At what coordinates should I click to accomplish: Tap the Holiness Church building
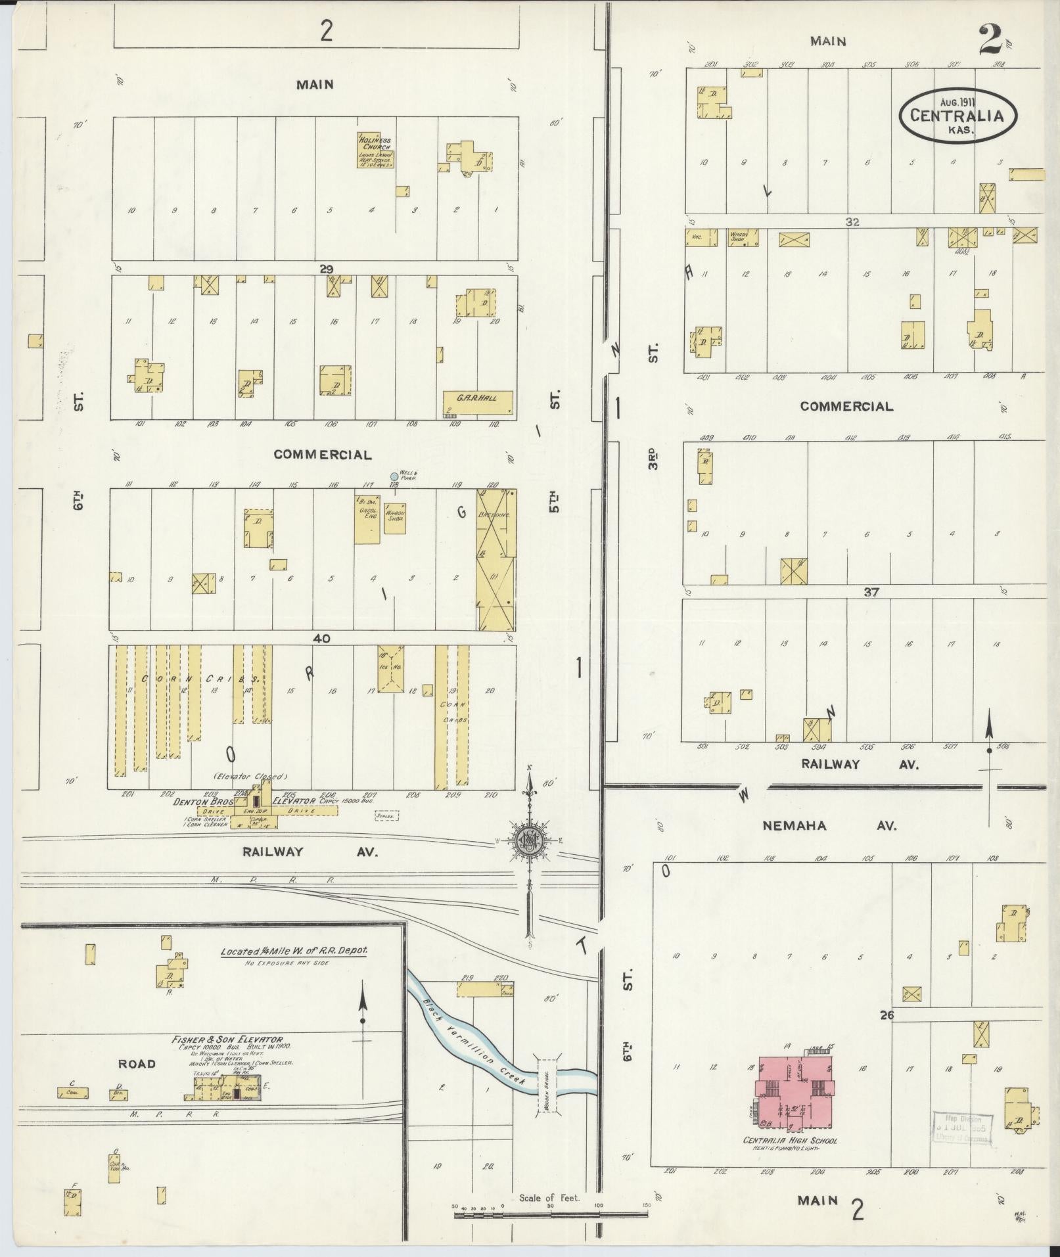tap(375, 150)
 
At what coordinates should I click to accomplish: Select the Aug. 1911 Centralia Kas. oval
tap(957, 116)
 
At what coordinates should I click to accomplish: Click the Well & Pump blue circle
tap(394, 476)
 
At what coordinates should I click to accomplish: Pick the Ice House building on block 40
tap(392, 668)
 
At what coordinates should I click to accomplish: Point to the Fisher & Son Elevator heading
tap(227, 1040)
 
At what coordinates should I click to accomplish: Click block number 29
tap(327, 267)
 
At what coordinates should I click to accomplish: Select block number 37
tap(871, 592)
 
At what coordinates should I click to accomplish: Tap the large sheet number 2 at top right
tap(989, 41)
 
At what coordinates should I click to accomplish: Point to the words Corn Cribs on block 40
tap(191, 679)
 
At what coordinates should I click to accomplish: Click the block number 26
tap(887, 1015)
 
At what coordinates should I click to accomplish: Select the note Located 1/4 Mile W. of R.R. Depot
tap(294, 951)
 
